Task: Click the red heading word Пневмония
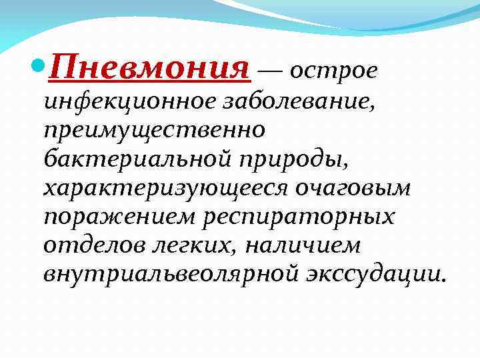[151, 67]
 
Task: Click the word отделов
[87, 246]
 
